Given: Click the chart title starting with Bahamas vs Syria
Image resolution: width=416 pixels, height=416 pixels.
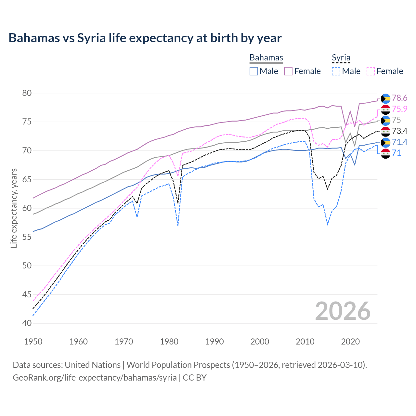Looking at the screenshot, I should pos(145,38).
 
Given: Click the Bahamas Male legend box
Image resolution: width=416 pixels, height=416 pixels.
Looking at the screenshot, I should pos(254,71).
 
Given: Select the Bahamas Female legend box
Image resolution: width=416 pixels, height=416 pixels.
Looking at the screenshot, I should pos(288,71).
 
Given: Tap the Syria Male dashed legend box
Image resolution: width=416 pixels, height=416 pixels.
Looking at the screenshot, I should pos(336,71).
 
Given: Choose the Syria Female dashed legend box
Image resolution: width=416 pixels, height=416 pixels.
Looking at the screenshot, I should pos(371,71).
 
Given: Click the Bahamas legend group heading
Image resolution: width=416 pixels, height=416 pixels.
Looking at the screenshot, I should pos(266,58).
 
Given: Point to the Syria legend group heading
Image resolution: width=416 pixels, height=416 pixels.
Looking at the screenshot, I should pos(341,58).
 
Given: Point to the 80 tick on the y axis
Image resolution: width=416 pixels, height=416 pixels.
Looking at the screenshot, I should pos(27,93).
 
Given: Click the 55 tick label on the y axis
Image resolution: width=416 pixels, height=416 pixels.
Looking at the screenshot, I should pos(27,237).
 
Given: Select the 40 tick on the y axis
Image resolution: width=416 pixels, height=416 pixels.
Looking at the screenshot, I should pos(27,323).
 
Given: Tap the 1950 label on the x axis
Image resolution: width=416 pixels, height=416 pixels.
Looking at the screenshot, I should pos(33,342).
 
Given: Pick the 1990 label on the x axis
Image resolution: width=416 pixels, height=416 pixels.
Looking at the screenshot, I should pos(214,342).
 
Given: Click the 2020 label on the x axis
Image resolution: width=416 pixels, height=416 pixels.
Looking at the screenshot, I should pos(350,342).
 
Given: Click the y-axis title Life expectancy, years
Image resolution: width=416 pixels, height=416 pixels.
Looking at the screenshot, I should pos(14,208).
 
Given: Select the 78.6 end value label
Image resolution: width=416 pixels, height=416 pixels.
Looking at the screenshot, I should pos(399,98).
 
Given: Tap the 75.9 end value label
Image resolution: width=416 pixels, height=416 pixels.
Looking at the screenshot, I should pos(399,109).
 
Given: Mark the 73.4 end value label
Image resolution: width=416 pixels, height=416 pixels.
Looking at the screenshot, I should pos(399,131).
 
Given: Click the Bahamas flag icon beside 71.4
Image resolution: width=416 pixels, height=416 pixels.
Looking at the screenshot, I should pos(385,142).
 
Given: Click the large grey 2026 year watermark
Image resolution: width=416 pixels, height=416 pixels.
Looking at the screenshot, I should pos(343,311).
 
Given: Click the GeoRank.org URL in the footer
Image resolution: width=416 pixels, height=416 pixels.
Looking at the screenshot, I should pos(95,378).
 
